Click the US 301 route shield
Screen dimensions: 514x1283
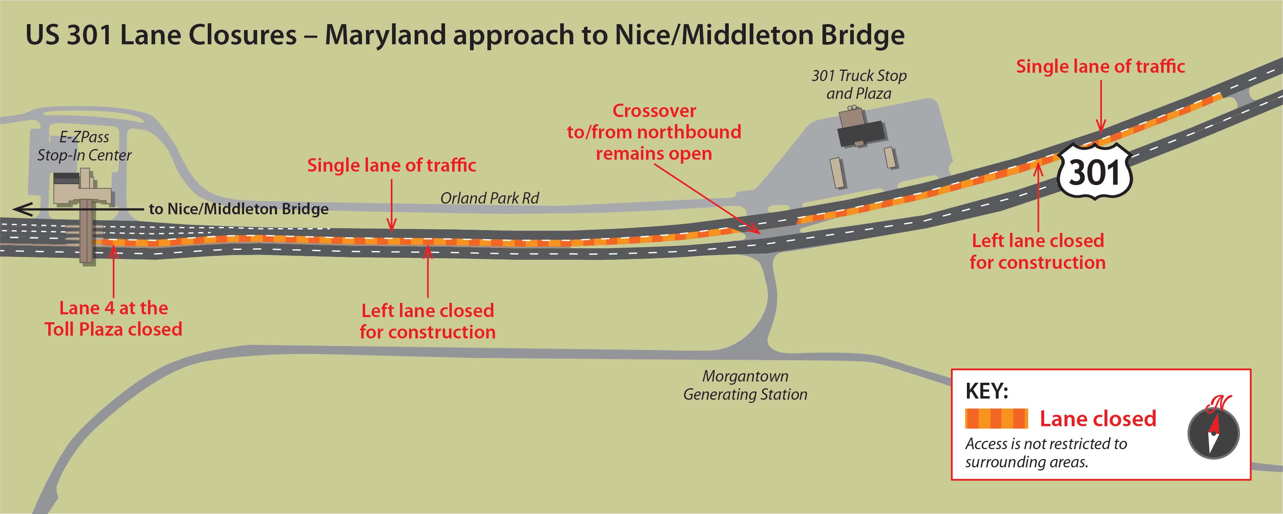tap(1095, 172)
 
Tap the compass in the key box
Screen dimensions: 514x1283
tap(1213, 433)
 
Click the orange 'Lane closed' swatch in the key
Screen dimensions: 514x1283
tap(996, 418)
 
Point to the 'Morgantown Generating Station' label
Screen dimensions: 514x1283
tap(745, 385)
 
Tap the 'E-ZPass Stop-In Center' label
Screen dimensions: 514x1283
tap(84, 146)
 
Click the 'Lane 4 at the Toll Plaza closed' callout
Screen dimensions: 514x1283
tap(114, 318)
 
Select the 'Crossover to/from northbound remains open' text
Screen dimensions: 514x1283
tap(654, 132)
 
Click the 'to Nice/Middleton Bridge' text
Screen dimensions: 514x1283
tap(239, 209)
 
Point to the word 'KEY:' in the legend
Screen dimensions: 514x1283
tap(987, 391)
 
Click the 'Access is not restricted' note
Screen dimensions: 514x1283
tap(1046, 452)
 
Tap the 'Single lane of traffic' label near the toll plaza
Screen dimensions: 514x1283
tap(392, 165)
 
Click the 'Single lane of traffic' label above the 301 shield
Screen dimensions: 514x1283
tap(1100, 66)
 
